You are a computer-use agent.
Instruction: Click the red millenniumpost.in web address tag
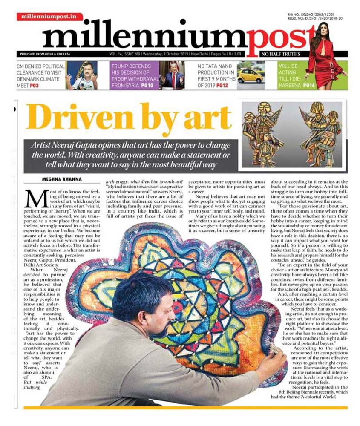click(50, 17)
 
